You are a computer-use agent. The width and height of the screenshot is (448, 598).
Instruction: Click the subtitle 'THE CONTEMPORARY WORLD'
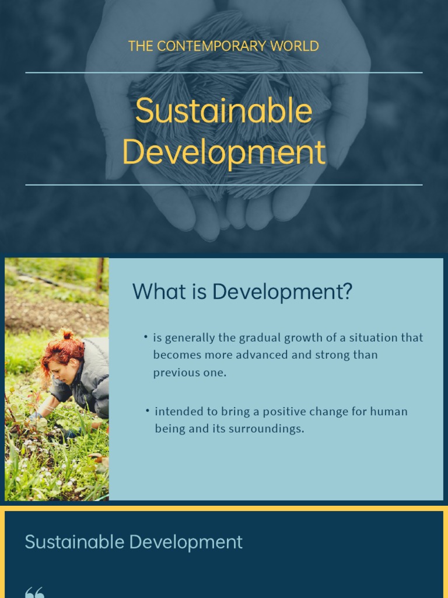pyautogui.click(x=223, y=46)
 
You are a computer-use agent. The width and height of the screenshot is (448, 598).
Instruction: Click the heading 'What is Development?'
pyautogui.click(x=242, y=291)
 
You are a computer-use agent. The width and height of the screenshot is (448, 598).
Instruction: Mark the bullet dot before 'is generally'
pyautogui.click(x=145, y=337)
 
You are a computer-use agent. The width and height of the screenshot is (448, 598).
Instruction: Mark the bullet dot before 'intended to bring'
pyautogui.click(x=148, y=411)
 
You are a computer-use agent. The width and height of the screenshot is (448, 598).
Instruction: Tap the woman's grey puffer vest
pyautogui.click(x=93, y=374)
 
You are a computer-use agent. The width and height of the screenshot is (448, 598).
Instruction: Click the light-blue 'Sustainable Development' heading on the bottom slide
pyautogui.click(x=134, y=542)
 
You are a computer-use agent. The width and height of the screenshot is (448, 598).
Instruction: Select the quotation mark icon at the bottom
pyautogui.click(x=34, y=592)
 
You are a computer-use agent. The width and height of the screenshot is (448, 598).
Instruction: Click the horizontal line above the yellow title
pyautogui.click(x=224, y=72)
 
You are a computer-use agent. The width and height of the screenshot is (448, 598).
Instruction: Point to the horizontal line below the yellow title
pyautogui.click(x=224, y=185)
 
